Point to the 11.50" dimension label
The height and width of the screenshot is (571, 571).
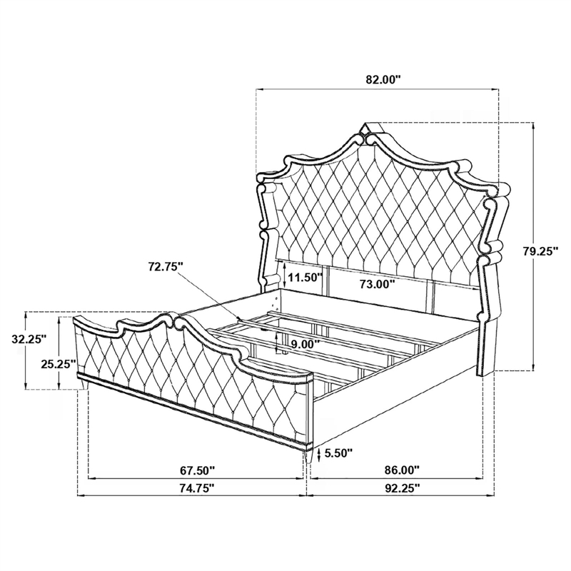[x=305, y=278]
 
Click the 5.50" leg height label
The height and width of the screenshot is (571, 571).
[x=338, y=453]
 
